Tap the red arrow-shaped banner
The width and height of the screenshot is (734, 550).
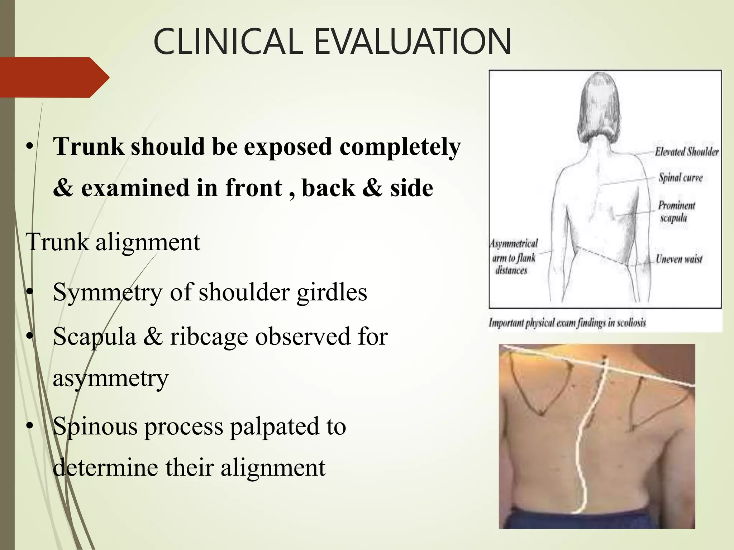pos(54,77)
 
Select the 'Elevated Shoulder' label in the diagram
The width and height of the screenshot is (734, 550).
pos(686,152)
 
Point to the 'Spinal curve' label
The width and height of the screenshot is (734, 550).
pos(680,178)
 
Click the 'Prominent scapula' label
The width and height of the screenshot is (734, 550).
pos(676,211)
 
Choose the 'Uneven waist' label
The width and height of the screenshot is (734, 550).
pos(679,259)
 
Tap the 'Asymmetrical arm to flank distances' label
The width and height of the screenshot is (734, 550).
pos(514,257)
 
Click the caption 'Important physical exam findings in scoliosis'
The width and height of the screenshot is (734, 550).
pos(567,323)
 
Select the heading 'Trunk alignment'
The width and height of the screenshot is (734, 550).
pos(113,242)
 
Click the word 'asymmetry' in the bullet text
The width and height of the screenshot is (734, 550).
pos(110,378)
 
